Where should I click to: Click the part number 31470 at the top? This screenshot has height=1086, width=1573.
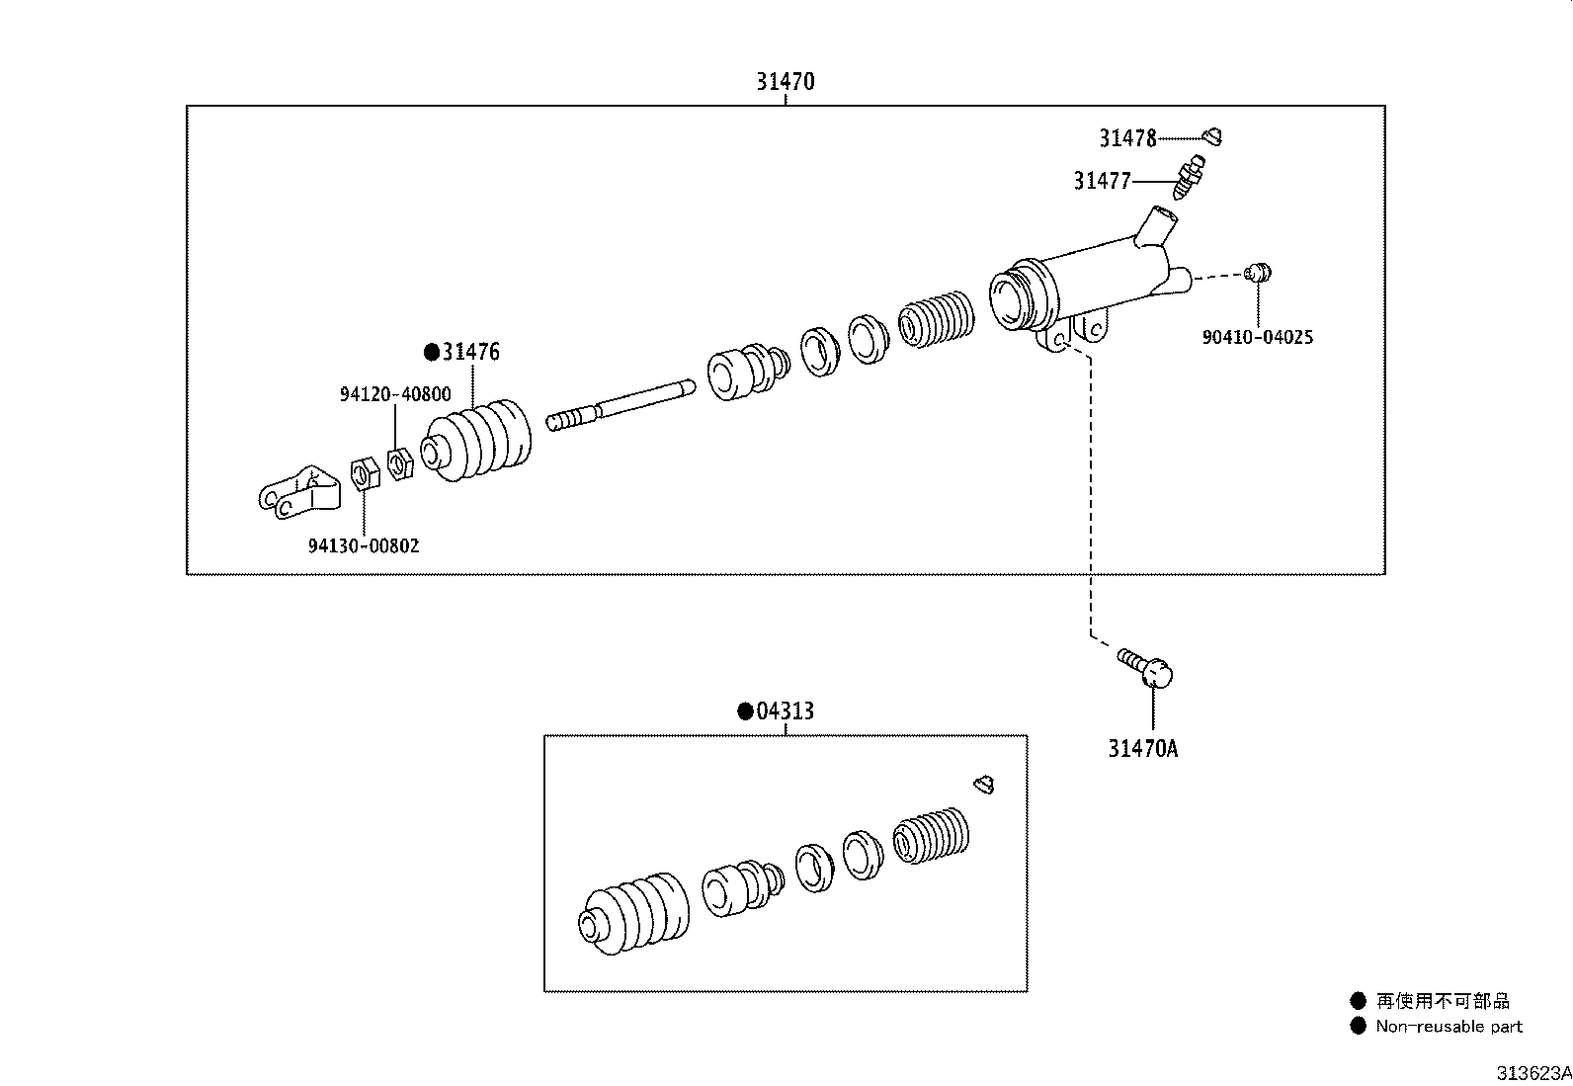click(786, 81)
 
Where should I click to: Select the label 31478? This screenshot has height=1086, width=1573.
click(1127, 138)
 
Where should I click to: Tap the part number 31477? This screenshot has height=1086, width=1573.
click(1102, 181)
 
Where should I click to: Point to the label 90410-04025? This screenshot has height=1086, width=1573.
click(1257, 337)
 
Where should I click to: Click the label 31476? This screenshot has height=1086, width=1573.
click(470, 351)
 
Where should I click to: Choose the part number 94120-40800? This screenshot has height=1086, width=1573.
click(395, 394)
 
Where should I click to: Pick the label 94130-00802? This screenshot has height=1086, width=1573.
click(363, 545)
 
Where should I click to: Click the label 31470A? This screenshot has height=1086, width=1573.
click(1142, 749)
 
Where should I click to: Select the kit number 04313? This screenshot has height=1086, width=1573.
click(785, 710)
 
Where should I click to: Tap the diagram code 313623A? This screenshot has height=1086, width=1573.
click(1533, 1073)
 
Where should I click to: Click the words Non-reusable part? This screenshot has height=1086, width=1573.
click(1449, 1027)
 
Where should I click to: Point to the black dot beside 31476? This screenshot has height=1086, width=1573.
click(432, 352)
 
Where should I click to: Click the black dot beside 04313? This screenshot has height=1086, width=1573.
click(745, 711)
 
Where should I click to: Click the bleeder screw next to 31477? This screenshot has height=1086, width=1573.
click(1189, 177)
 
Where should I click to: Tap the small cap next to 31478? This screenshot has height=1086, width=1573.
click(1213, 136)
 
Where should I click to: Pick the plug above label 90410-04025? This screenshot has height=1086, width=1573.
click(1257, 272)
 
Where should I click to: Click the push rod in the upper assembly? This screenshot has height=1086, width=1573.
click(621, 405)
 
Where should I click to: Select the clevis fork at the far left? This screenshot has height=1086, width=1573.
click(299, 492)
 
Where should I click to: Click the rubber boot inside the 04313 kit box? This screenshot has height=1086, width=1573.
click(633, 914)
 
